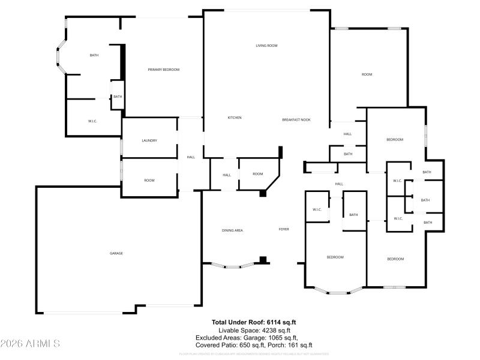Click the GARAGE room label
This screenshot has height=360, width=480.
point(116,253)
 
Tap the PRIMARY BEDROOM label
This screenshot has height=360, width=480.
point(164,70)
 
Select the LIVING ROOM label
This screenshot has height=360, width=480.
point(266,46)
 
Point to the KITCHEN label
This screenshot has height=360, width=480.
point(235,118)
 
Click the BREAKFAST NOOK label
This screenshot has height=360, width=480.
point(296,120)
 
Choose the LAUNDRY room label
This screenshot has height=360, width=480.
point(149,140)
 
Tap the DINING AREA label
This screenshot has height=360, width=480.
point(232,230)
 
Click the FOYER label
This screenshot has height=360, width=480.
point(284,229)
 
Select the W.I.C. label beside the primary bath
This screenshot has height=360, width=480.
point(93,121)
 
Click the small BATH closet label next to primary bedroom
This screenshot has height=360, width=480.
point(118,97)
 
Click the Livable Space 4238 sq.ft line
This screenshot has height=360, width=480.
point(254,330)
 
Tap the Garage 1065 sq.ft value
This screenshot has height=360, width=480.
point(281,338)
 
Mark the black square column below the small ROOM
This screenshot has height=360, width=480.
point(263,193)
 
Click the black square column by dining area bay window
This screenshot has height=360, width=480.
point(262,260)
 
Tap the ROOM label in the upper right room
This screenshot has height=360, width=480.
point(367,74)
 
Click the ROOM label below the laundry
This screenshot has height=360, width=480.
point(149,180)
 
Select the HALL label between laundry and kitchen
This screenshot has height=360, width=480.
point(191,157)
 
